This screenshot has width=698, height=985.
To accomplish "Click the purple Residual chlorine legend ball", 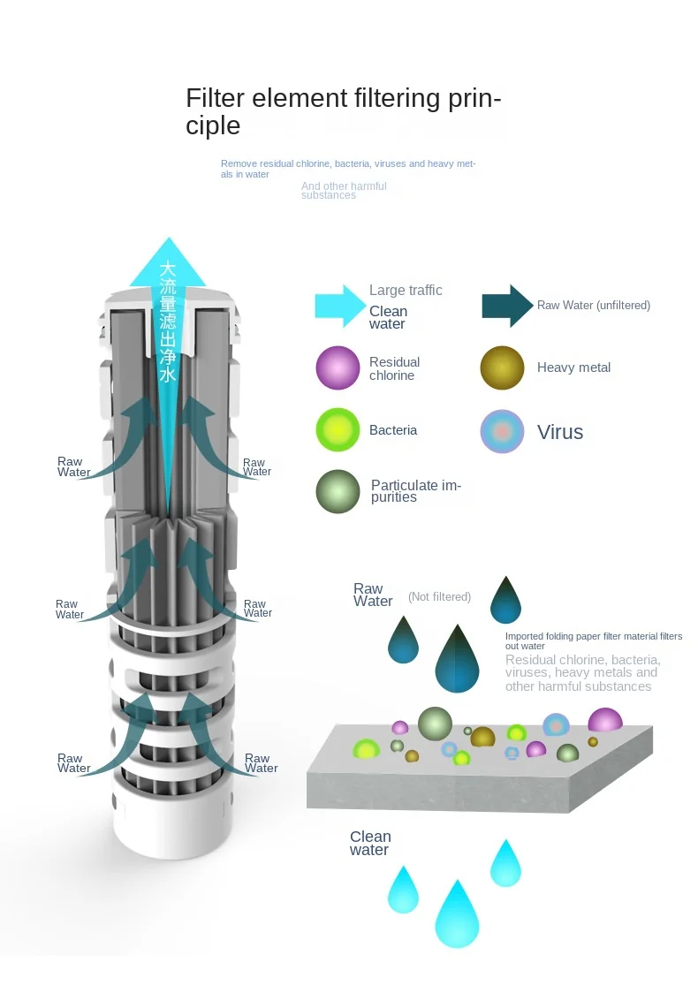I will point(338,368).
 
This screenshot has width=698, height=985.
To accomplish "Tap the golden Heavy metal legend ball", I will point(502,368).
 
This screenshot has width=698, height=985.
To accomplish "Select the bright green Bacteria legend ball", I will point(338,430).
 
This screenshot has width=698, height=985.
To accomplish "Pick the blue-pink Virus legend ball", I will point(502,432).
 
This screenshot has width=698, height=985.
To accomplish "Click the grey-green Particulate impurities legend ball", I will point(338,491).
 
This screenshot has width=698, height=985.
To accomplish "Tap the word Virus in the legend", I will point(560,432).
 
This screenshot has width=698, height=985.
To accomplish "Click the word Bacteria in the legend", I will point(393,430).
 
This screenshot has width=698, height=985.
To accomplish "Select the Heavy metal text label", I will point(573,367).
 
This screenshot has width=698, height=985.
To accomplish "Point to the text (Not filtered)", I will point(439,597).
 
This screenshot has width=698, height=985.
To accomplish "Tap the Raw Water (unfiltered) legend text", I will point(593,306).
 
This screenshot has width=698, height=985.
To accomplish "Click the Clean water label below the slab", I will point(369,843).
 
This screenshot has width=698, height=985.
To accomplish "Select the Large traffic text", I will point(406,291).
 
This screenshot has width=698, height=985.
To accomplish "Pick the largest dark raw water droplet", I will point(457,658).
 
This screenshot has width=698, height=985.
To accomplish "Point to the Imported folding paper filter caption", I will point(593,641).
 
